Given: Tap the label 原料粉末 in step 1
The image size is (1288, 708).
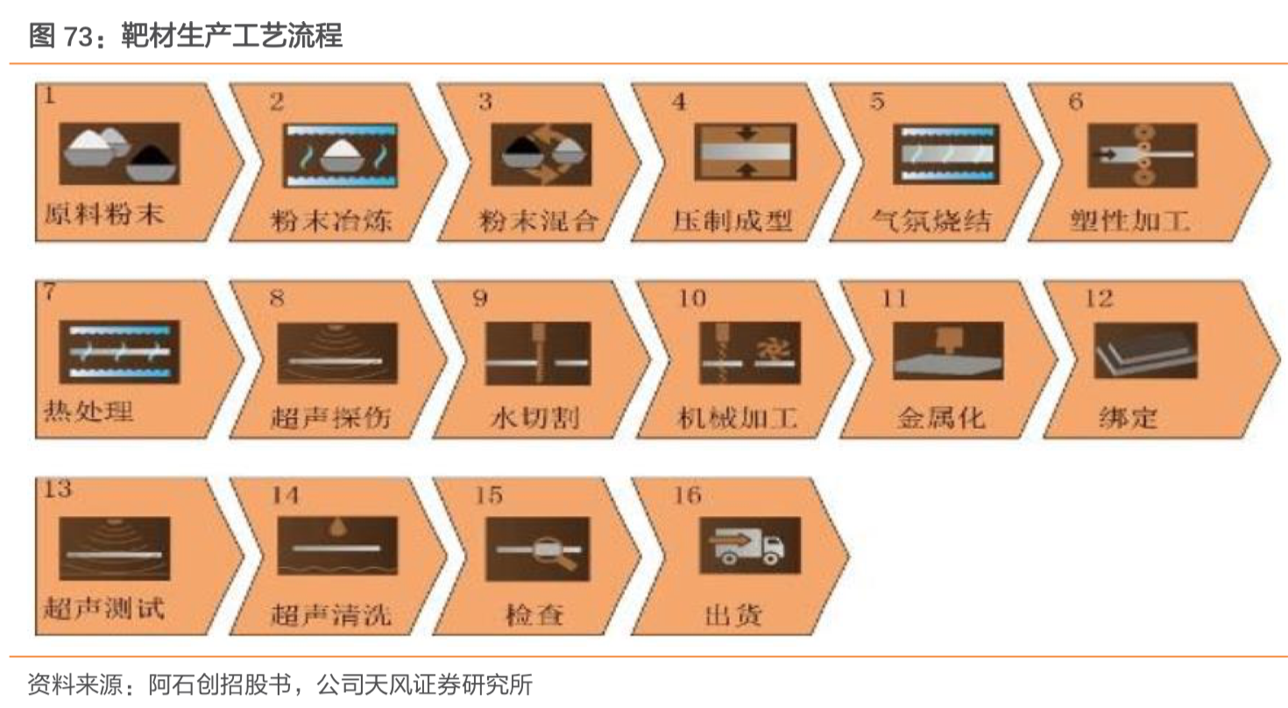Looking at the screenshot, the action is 104,215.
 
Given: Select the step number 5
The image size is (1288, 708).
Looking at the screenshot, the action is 877,101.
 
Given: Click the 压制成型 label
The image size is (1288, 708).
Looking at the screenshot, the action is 733,221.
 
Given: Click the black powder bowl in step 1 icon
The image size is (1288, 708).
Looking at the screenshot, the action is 152,162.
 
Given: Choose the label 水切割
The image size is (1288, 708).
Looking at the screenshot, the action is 534,418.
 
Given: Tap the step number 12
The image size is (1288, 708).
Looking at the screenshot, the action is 1098,298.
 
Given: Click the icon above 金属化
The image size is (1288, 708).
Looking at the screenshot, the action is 948,350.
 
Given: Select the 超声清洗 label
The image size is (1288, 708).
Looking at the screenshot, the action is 331,615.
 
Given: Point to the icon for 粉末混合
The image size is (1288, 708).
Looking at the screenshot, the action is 541,153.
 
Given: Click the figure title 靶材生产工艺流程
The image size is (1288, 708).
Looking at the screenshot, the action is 231,36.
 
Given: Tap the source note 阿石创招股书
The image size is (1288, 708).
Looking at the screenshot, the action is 221,684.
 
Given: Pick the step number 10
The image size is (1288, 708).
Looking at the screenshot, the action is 692,298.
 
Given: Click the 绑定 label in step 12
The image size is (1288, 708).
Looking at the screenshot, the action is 1128,418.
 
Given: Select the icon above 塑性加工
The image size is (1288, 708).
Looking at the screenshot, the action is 1143,155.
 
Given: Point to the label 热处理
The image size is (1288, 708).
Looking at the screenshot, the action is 88,412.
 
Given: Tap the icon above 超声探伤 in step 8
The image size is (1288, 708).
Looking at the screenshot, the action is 337,353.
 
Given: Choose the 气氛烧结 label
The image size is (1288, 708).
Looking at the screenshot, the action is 931,221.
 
